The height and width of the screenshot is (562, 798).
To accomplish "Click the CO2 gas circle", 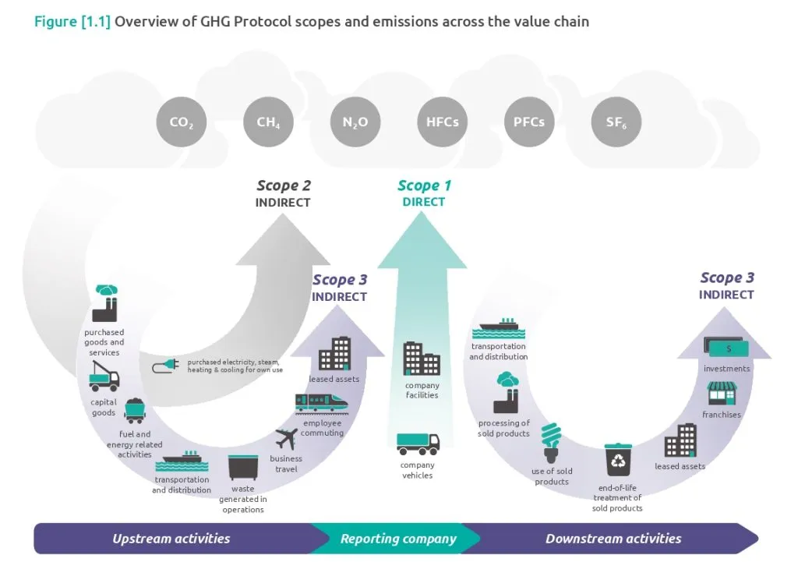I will coord(182,122).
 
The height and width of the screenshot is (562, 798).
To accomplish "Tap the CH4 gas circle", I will coord(268,122).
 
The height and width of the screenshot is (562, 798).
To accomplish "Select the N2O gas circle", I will coord(355,122).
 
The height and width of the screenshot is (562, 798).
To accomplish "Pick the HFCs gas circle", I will coord(442,122).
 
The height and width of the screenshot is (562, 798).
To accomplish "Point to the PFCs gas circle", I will coord(529,122).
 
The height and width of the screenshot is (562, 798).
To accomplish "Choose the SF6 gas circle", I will coord(616,122).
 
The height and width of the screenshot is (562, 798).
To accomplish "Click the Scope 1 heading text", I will coord(424,186).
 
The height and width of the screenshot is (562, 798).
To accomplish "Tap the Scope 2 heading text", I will coord(284,186).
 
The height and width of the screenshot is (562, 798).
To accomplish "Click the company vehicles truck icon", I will coord(418,444).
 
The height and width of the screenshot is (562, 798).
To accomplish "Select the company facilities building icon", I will coord(422,359).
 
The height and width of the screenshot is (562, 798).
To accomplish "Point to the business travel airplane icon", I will coord(287,440).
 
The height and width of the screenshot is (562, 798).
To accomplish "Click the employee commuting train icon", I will coord(321,402).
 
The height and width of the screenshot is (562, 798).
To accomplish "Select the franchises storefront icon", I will coord(722,394).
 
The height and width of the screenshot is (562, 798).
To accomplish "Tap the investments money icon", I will coord(726,348).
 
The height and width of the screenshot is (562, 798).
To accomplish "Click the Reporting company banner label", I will coord(398,539).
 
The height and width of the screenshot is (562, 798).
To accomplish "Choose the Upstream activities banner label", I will coord(171,539).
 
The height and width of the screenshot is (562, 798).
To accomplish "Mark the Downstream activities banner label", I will coord(613,539).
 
